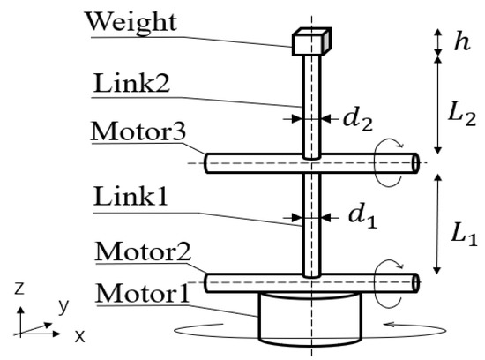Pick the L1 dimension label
[462, 233]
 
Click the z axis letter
[19, 289]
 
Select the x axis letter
[78, 336]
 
